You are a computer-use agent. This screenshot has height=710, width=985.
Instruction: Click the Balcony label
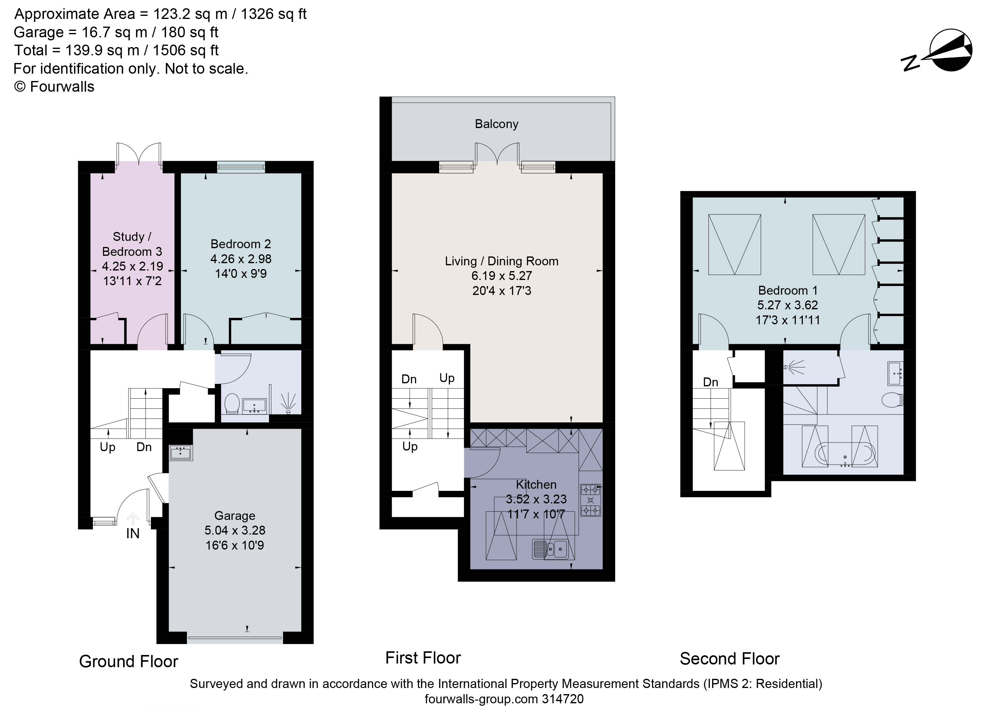pyautogui.click(x=496, y=124)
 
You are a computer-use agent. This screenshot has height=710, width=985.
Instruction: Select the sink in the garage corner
pyautogui.click(x=181, y=453)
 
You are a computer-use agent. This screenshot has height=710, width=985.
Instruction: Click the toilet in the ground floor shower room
pyautogui.click(x=232, y=403)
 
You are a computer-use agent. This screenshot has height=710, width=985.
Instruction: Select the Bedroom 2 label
pyautogui.click(x=241, y=244)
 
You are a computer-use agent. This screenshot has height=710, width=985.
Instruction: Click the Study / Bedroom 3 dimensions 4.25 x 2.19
pyautogui.click(x=132, y=266)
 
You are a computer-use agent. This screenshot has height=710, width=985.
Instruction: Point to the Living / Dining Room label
pyautogui.click(x=502, y=261)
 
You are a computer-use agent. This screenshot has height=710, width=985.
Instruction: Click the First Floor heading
pyautogui.click(x=423, y=658)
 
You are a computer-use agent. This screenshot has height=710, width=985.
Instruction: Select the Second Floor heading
pyautogui.click(x=730, y=659)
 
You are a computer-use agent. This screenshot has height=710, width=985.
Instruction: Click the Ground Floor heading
pyautogui.click(x=129, y=661)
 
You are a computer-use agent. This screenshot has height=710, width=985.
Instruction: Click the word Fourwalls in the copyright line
pyautogui.click(x=62, y=87)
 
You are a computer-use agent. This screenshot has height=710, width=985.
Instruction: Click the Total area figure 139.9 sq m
pyautogui.click(x=102, y=51)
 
